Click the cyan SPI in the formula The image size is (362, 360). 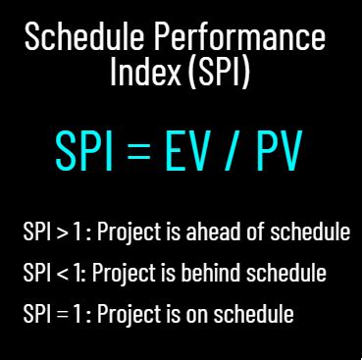[84, 151]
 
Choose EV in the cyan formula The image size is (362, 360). [187, 151]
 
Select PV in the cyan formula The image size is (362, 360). [279, 151]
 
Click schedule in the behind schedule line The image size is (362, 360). [286, 272]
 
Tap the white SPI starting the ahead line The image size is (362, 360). [37, 231]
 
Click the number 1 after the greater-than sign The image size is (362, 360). [77, 231]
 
